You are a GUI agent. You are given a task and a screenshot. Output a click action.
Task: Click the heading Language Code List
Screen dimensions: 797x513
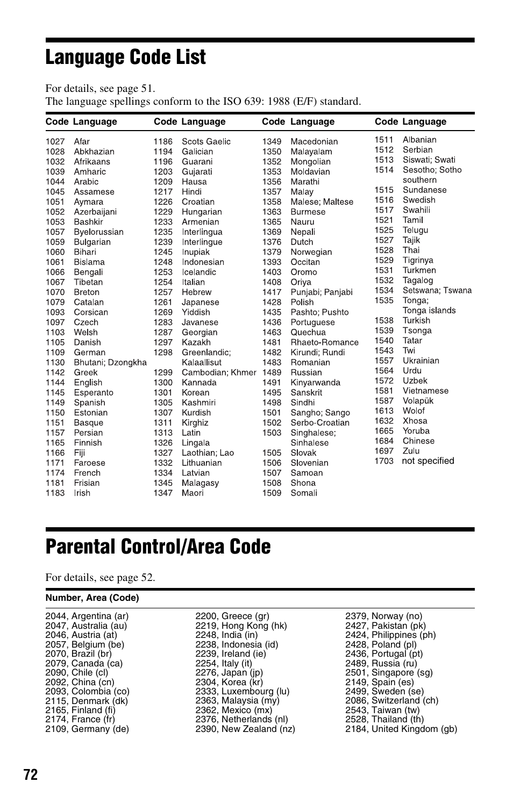[126, 58]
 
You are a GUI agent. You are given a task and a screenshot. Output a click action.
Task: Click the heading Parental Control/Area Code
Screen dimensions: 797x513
[158, 547]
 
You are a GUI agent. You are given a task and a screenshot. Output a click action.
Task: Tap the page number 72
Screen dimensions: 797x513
[31, 774]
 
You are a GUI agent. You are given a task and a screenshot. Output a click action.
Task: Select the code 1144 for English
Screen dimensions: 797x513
[55, 383]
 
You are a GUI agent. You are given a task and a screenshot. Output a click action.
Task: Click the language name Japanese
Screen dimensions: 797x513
[200, 302]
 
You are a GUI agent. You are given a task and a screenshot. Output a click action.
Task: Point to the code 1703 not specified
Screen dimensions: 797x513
[384, 461]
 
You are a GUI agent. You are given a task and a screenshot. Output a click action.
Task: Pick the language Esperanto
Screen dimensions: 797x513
[94, 393]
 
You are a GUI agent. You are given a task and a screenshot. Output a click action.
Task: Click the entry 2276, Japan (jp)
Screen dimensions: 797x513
[229, 673]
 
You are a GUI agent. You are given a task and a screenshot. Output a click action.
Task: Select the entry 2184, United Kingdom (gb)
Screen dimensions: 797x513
[401, 729]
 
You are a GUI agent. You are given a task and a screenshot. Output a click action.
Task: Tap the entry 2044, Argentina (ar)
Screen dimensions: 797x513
[87, 616]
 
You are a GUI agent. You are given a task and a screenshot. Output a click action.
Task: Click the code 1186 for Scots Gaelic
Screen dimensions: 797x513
[163, 142]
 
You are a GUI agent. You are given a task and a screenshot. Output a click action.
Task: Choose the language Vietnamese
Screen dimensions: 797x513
[425, 391]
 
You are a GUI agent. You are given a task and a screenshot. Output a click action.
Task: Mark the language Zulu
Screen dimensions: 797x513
[411, 451]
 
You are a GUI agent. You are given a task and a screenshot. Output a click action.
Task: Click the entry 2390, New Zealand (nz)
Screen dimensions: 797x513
[245, 729]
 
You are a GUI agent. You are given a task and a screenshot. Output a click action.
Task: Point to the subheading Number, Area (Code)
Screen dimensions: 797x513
[92, 598]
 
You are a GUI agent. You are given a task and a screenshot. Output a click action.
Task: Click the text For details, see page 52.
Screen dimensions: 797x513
[100, 578]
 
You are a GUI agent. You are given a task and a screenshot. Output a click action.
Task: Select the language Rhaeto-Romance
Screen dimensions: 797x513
[324, 342]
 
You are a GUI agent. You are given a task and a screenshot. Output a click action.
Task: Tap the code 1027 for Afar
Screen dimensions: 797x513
[55, 142]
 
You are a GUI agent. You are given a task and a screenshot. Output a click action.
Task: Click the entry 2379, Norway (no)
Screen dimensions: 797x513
[383, 616]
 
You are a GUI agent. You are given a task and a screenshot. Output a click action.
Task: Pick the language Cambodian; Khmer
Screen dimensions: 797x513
[219, 372]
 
